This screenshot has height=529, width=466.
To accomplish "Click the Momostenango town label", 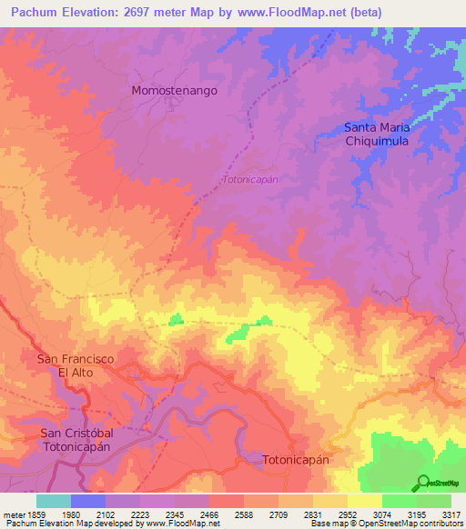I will (x=175, y=91).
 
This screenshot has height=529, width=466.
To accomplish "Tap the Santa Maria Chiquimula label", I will (x=377, y=135).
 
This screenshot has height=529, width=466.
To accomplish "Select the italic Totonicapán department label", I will (x=249, y=180).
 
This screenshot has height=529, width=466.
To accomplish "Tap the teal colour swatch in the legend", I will (x=54, y=501).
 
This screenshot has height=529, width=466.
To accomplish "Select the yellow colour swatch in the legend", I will (x=364, y=501).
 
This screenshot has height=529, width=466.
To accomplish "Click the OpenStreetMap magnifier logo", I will (x=422, y=483).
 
